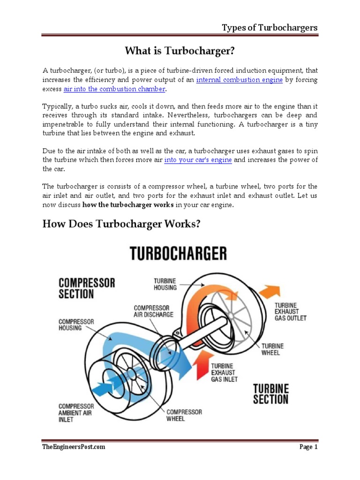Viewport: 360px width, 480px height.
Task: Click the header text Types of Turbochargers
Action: pyautogui.click(x=270, y=28)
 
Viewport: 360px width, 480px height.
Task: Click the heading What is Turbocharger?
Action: pyautogui.click(x=180, y=50)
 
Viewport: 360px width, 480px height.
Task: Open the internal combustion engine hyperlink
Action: pyautogui.click(x=239, y=80)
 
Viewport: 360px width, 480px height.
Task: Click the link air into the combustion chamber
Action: pyautogui.click(x=114, y=89)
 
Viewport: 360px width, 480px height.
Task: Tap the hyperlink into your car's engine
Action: pyautogui.click(x=198, y=160)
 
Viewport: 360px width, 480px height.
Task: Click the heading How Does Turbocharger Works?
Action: pyautogui.click(x=121, y=225)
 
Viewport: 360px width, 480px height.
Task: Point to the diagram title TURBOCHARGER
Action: pyautogui.click(x=178, y=254)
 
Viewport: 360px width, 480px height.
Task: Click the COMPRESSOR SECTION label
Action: pyautogui.click(x=86, y=288)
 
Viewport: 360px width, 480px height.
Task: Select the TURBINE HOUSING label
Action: pyautogui.click(x=165, y=284)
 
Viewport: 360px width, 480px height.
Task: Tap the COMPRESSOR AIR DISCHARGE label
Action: pyautogui.click(x=153, y=311)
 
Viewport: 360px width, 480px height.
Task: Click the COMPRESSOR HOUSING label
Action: pyautogui.click(x=76, y=325)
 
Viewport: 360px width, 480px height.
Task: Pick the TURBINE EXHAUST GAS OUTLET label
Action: pyautogui.click(x=290, y=311)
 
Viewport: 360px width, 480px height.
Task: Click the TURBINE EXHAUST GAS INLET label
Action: pyautogui.click(x=225, y=372)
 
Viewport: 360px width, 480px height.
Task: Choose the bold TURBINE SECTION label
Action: pyautogui.click(x=271, y=394)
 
